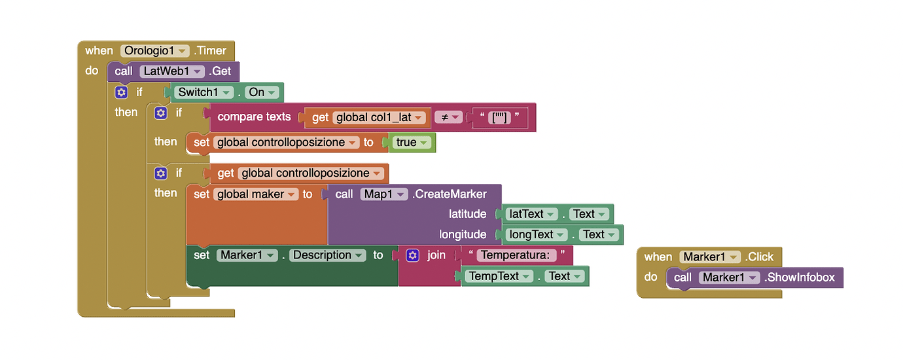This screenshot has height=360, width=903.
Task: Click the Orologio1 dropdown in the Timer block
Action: point(155,50)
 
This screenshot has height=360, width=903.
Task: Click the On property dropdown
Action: point(262,92)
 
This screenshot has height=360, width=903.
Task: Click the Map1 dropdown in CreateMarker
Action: point(384,194)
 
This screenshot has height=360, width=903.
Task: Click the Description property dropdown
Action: point(327,255)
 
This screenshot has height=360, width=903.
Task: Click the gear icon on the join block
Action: point(412,255)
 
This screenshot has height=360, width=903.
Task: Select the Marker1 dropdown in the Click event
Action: point(710,257)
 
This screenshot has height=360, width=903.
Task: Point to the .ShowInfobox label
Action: point(800,278)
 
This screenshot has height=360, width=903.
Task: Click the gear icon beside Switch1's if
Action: point(120,92)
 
